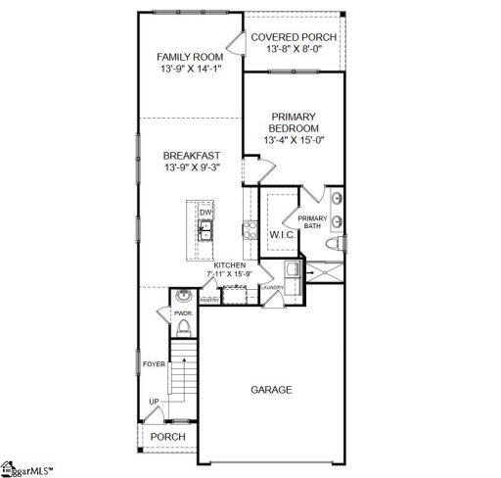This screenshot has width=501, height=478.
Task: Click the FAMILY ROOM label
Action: point(191,57)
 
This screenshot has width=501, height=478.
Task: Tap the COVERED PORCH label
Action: point(294,37)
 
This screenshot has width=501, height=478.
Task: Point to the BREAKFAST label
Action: point(191,155)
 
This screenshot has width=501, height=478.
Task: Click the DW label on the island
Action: point(205,213)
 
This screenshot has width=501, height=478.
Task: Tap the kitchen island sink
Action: point(205,231)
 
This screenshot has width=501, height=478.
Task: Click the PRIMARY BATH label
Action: point(312,222)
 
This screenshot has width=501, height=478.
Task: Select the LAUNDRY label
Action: point(271,288)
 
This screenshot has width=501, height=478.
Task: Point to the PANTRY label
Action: point(209,300)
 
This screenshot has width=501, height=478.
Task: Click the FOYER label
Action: point(153,362)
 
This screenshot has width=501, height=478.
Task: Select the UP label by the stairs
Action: point(154,402)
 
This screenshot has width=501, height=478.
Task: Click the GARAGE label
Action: point(271,389)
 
